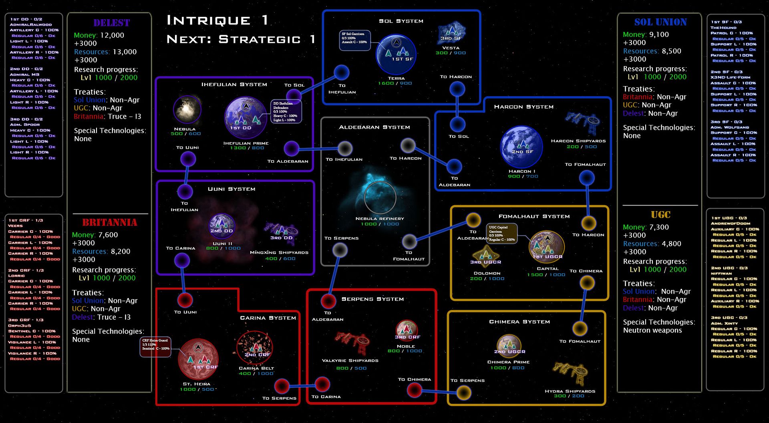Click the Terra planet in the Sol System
click(396, 54)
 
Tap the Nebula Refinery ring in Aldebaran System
click(380, 197)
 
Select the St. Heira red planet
click(198, 359)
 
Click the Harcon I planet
click(521, 147)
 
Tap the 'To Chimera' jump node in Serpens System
click(414, 389)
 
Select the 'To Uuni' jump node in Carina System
click(185, 300)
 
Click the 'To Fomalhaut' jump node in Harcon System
click(586, 178)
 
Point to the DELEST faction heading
click(111, 23)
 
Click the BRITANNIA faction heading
click(110, 222)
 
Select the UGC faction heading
click(660, 215)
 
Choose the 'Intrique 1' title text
click(217, 20)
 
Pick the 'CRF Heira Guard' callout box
click(156, 346)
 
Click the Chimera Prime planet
click(509, 346)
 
